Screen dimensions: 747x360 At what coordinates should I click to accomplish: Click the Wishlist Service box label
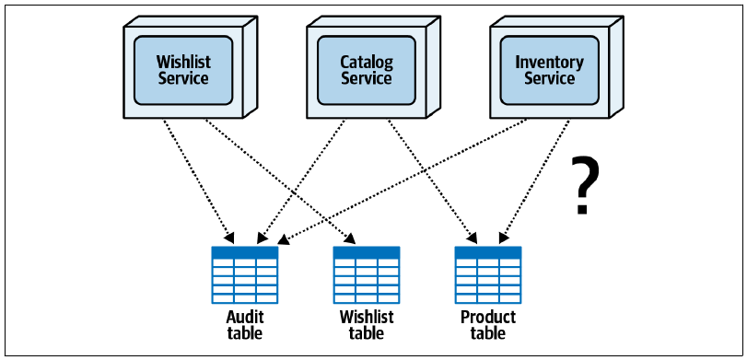point(183,70)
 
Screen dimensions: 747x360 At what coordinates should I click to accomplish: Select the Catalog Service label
point(367,70)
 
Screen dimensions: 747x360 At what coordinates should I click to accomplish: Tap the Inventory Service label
point(549,70)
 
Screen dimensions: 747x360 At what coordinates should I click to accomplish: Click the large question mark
point(585,186)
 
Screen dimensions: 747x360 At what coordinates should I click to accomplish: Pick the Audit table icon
point(245,274)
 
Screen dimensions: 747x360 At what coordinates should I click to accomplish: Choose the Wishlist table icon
point(367,274)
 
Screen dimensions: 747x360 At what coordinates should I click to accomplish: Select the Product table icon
point(488,274)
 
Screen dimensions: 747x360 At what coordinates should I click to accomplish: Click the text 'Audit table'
point(245,325)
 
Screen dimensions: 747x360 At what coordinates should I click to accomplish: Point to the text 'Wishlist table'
point(367,325)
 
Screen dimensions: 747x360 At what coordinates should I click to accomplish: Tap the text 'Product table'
point(488,325)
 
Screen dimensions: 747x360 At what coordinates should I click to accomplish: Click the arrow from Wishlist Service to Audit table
point(198,181)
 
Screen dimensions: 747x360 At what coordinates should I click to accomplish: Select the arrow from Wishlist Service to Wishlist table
point(280,181)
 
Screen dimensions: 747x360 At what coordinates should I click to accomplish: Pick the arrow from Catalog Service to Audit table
point(300,181)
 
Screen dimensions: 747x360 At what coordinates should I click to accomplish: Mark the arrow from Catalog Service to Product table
point(433,181)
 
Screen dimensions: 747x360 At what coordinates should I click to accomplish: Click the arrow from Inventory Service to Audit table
point(403,181)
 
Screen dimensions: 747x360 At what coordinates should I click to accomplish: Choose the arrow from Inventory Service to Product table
point(534,181)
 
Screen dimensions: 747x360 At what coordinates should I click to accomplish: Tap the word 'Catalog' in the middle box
point(367,63)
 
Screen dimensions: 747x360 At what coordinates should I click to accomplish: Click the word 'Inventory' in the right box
point(549,63)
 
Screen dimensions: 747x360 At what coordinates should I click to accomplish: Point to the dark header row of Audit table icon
point(245,252)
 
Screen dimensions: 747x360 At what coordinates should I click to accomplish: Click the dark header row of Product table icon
point(488,252)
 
